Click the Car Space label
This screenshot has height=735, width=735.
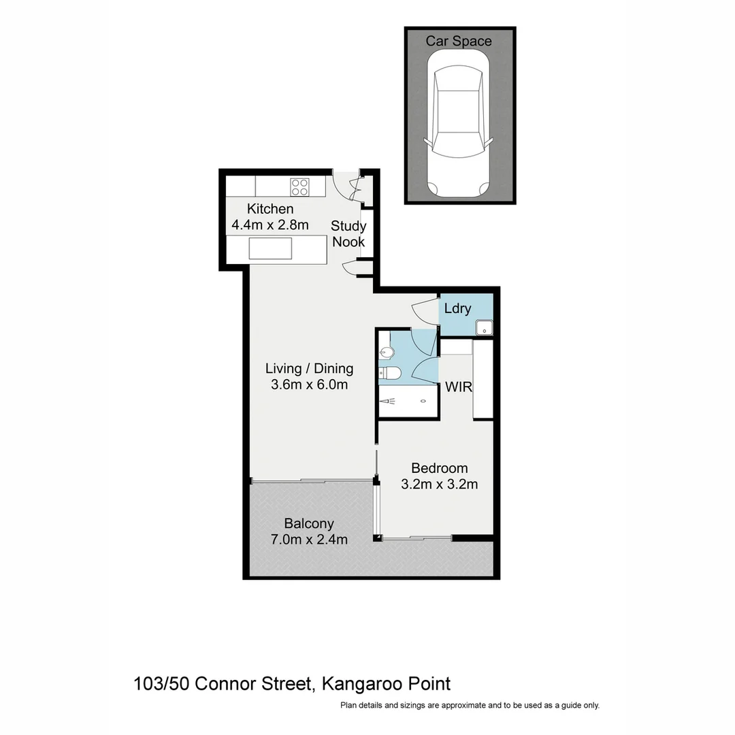coord(458,42)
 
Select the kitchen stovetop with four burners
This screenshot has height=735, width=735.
coord(299,186)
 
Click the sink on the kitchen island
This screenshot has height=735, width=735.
coord(270,248)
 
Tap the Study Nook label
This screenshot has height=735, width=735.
coord(348,233)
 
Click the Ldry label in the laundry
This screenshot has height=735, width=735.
coord(457,308)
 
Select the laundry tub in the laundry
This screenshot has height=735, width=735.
coord(484,327)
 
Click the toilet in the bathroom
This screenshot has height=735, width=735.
coord(391,372)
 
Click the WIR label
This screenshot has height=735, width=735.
coord(459,387)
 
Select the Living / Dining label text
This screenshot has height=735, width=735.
coord(309,369)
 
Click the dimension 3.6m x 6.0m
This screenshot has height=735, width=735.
coord(309,385)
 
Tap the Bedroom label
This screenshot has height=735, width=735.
coord(439,468)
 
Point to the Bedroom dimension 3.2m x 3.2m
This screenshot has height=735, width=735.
coord(439,485)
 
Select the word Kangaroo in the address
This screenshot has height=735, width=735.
coord(359,683)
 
